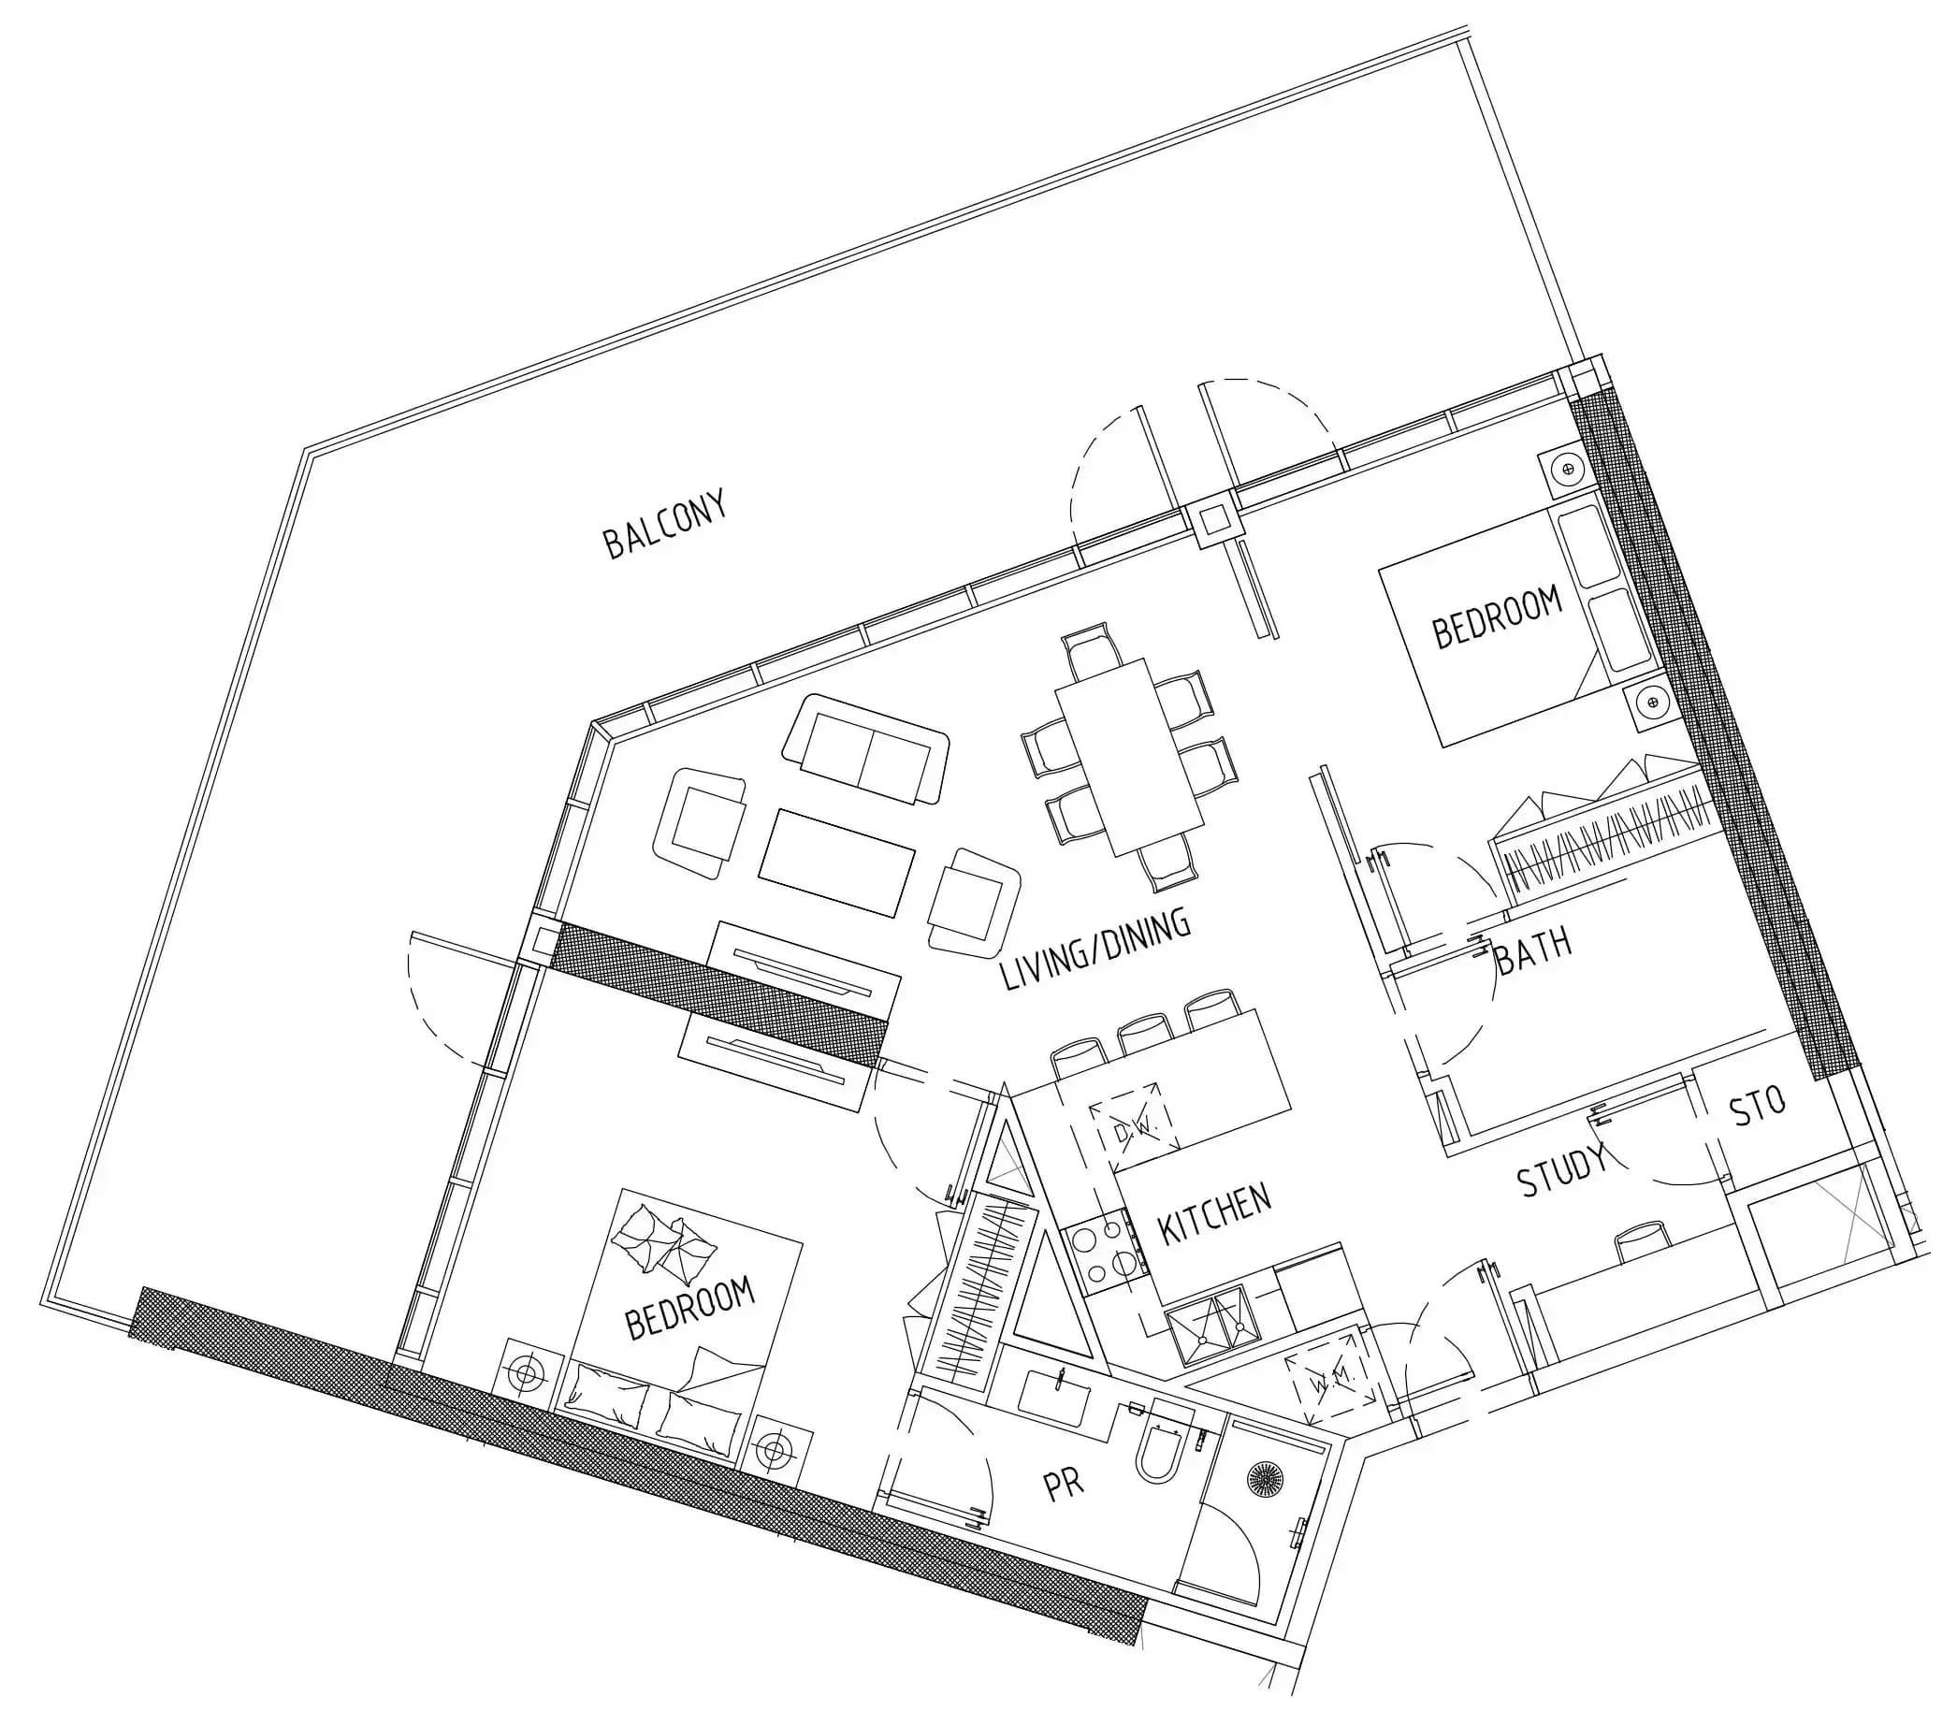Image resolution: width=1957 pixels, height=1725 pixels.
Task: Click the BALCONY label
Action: tap(664, 524)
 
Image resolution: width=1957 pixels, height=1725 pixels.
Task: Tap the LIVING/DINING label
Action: tap(1095, 949)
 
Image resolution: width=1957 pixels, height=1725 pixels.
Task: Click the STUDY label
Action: tap(1561, 1169)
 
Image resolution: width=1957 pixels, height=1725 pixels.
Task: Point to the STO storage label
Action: tap(1758, 1109)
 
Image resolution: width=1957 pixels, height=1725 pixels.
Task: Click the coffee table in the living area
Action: tap(836, 862)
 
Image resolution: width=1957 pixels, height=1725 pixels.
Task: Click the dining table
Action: tap(1130, 757)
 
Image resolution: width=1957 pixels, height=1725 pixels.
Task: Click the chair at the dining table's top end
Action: tap(1093, 647)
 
